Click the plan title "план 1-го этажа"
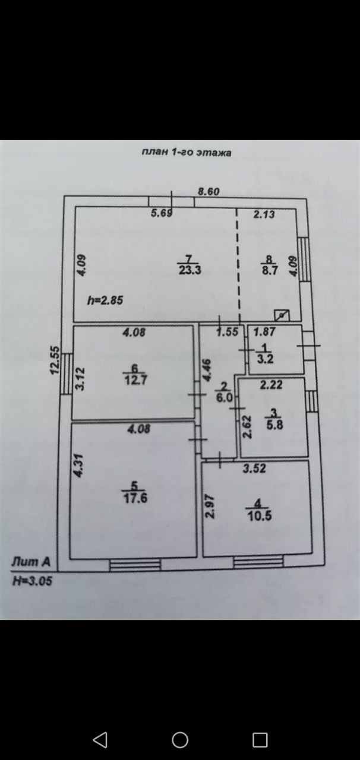point(186,152)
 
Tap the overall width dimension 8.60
point(209,191)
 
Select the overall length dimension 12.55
point(55,360)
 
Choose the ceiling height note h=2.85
point(105,300)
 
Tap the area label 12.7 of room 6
point(135,381)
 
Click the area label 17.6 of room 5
point(135,498)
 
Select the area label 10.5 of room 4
point(260,515)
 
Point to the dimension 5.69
point(162,214)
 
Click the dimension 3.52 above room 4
point(254,468)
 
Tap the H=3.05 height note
point(32,581)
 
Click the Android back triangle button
point(100,740)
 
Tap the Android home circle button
point(180,740)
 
